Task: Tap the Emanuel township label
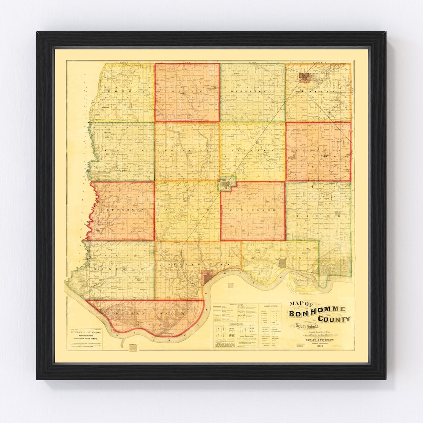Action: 187,91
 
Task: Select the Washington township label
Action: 253,91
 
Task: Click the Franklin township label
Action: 187,150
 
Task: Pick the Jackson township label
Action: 253,150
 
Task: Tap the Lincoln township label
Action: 318,150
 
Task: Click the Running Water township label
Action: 149,315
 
